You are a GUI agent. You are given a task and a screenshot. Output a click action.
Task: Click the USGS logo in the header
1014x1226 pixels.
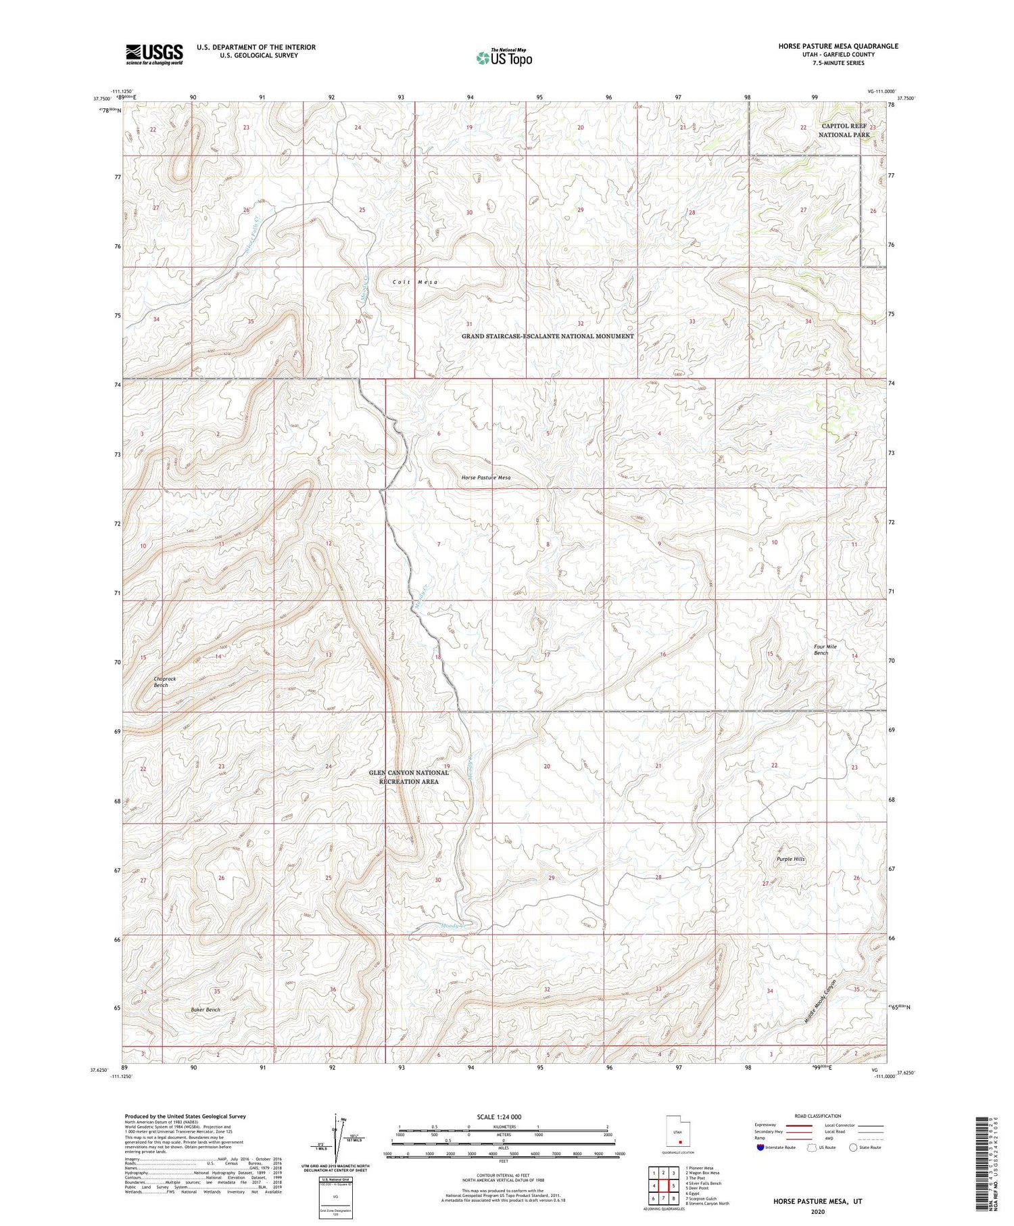154,54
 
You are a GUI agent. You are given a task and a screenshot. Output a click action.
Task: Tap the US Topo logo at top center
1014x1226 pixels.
504,58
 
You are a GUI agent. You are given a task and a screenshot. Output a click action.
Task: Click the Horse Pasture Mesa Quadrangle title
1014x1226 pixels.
838,46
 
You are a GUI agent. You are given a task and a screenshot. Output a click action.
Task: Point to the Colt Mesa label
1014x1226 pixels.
415,282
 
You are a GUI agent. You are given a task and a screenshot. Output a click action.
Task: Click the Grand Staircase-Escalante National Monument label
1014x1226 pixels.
548,336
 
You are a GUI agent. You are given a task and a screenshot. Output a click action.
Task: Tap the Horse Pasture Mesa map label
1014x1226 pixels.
486,477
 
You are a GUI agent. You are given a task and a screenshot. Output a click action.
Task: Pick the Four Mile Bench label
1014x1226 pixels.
825,650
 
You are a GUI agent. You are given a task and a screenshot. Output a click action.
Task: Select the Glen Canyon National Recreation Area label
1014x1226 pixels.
408,777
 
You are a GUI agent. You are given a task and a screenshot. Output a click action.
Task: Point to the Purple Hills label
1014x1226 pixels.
790,859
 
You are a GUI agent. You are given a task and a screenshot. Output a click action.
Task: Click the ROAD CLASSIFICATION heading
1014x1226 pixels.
817,1116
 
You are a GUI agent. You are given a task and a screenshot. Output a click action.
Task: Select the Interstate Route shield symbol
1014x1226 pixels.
760,1148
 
